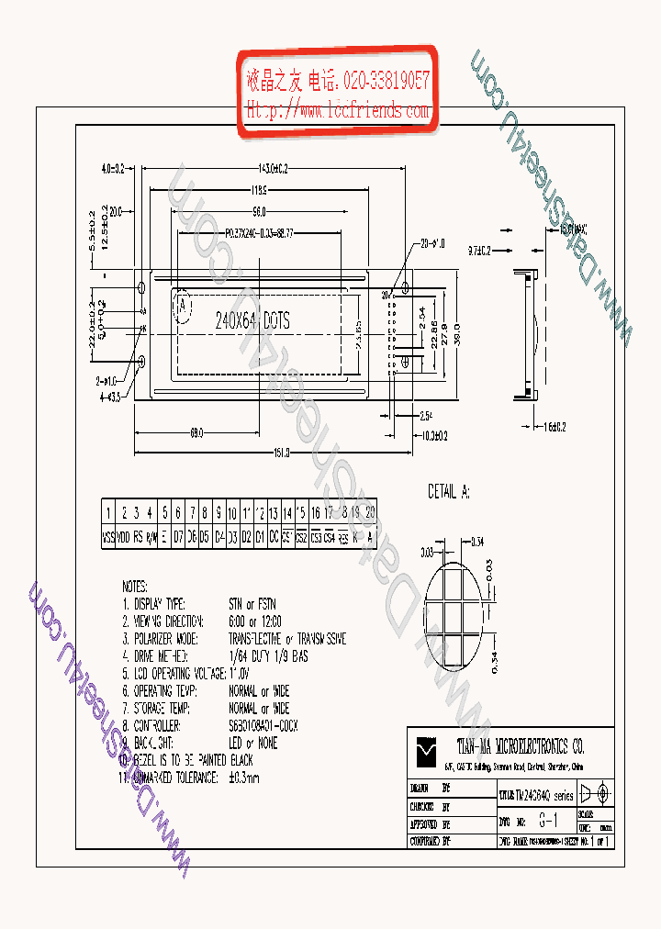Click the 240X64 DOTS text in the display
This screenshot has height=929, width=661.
(x=252, y=320)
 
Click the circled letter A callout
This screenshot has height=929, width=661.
(x=184, y=304)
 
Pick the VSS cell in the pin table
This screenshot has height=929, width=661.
(x=108, y=539)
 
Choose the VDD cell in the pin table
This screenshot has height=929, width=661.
(x=123, y=539)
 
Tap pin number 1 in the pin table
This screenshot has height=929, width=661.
(x=108, y=512)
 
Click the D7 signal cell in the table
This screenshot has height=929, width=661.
(x=178, y=539)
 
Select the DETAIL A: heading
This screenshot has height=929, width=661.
(x=449, y=493)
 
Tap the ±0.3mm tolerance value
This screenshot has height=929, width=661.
(x=244, y=778)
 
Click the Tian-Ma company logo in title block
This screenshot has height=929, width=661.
(x=423, y=751)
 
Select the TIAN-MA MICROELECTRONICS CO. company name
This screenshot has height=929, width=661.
(x=520, y=744)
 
